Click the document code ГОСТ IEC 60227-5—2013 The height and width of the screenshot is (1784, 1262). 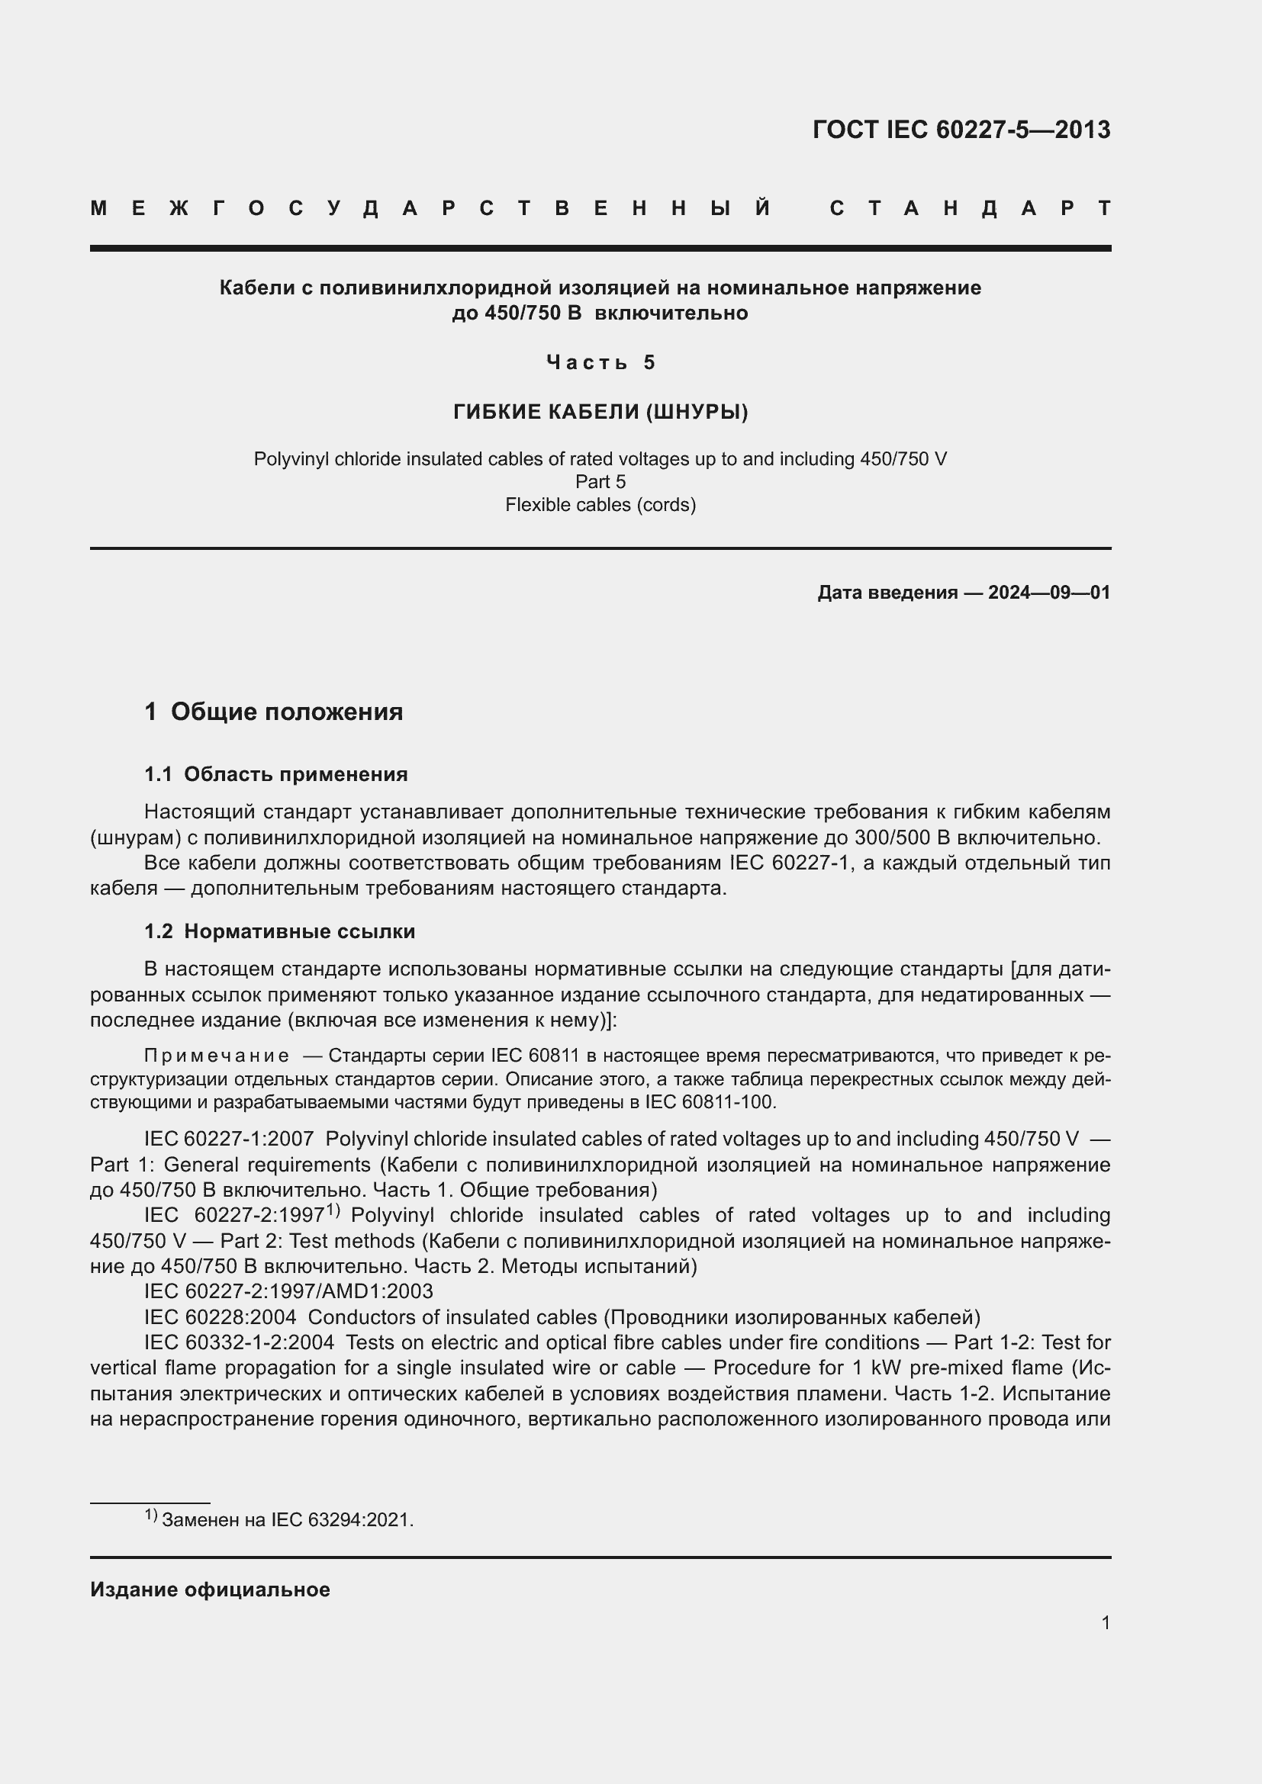[961, 130]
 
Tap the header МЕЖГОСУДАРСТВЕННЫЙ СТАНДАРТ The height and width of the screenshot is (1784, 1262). [600, 208]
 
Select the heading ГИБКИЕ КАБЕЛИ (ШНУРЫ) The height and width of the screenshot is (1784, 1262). [600, 412]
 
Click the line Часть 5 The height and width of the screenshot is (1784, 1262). [600, 362]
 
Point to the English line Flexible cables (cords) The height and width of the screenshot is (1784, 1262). [600, 505]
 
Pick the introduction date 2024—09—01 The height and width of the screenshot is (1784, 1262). [1048, 593]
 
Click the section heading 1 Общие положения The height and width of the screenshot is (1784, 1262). [274, 712]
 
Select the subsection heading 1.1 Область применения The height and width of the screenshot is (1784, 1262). [276, 774]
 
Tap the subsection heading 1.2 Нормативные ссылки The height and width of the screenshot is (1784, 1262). [280, 931]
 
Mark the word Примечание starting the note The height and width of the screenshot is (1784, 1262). [217, 1055]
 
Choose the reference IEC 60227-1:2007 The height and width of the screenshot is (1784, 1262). [228, 1139]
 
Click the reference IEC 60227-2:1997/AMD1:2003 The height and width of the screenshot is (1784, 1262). [288, 1291]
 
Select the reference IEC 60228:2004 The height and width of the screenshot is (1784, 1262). [220, 1317]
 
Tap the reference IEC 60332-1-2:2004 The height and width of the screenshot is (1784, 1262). [240, 1342]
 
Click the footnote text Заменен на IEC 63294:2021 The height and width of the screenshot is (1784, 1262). [288, 1520]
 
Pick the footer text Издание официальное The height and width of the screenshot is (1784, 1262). [210, 1590]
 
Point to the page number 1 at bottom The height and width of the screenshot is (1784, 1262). [1105, 1622]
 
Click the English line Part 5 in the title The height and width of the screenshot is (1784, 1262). [600, 482]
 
